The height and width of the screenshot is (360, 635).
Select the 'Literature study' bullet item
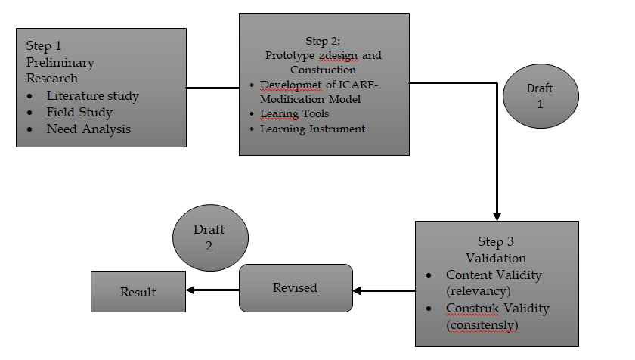point(92,96)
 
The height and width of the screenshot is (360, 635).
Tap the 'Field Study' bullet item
point(79,113)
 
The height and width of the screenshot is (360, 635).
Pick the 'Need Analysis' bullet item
point(88,129)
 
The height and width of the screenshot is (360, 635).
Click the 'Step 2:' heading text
point(324,41)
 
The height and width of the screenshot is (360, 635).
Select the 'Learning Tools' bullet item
point(294,114)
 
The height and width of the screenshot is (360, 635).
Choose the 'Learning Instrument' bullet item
point(312,129)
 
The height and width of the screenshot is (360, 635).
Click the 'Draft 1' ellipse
point(540,97)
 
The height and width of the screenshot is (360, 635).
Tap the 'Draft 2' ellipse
point(209,238)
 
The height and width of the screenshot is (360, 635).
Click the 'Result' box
point(138,292)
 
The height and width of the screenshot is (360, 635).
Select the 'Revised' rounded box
point(296,288)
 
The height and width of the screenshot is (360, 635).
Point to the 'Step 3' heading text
point(496,242)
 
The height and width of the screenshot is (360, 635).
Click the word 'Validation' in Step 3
point(496,258)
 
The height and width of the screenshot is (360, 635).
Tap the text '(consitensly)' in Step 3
point(482,325)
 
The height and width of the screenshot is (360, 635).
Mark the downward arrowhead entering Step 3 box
point(497,216)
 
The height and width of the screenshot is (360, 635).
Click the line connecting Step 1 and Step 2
point(212,88)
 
